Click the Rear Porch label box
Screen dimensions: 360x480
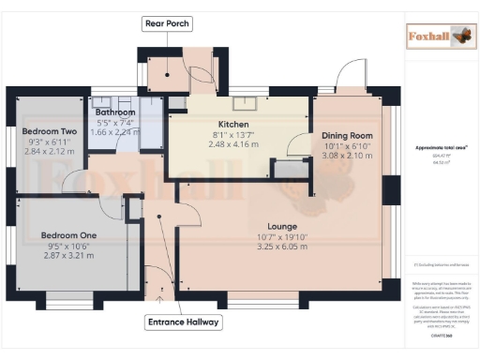pyautogui.click(x=166, y=22)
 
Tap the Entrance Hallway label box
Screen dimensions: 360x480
pyautogui.click(x=183, y=322)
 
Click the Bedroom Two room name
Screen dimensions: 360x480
pyautogui.click(x=48, y=131)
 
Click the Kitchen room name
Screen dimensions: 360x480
pyautogui.click(x=232, y=124)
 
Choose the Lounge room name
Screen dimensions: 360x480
pyautogui.click(x=282, y=226)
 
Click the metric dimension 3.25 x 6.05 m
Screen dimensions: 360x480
pyautogui.click(x=282, y=247)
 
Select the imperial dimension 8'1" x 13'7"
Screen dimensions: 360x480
pyautogui.click(x=232, y=134)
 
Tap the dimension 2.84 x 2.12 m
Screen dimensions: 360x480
pyautogui.click(x=48, y=151)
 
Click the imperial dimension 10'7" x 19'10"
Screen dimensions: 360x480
pyautogui.click(x=282, y=237)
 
